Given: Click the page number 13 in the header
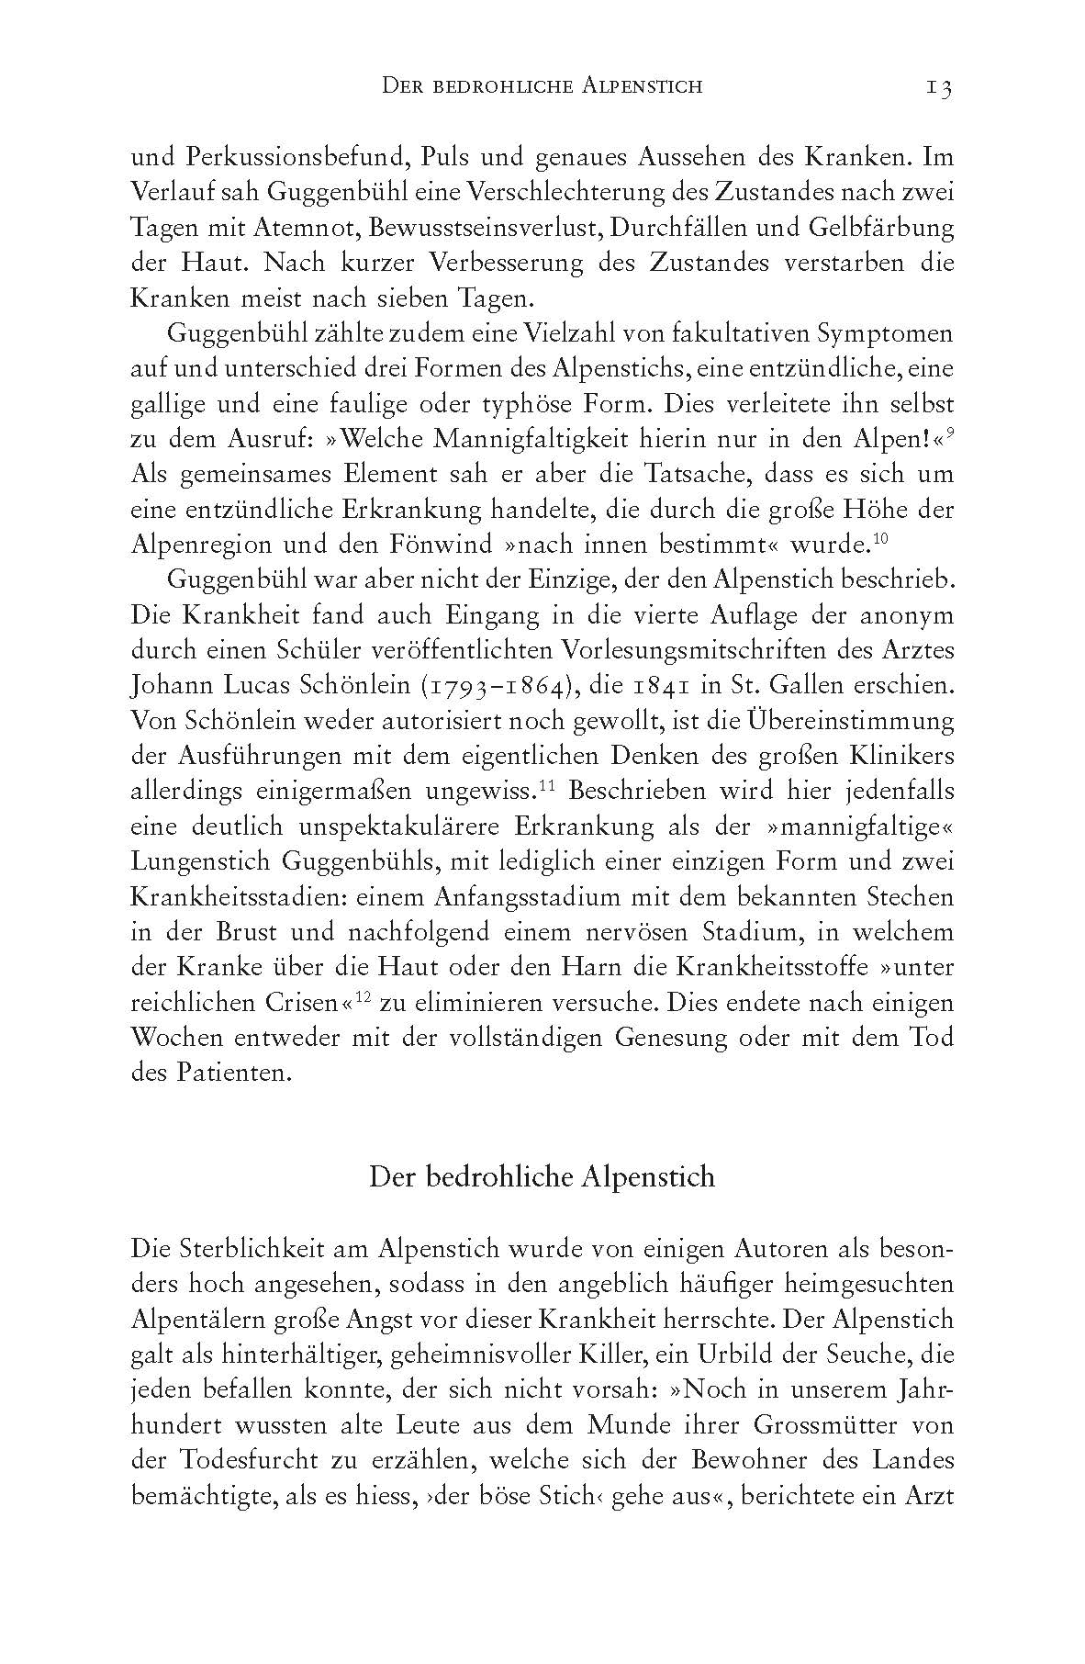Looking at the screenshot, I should coord(938,87).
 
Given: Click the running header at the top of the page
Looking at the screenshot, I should coord(541,87).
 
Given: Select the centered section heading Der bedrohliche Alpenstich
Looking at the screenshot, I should coord(542,1177).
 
